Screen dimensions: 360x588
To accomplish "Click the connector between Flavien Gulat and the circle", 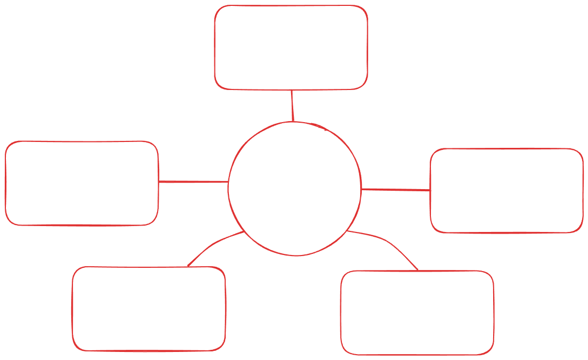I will tap(292, 105).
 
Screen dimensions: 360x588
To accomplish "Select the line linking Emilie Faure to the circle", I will tap(193, 182).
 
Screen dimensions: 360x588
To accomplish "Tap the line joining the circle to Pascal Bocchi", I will tap(396, 190).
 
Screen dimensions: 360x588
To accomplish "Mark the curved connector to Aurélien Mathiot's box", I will tap(212, 246).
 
